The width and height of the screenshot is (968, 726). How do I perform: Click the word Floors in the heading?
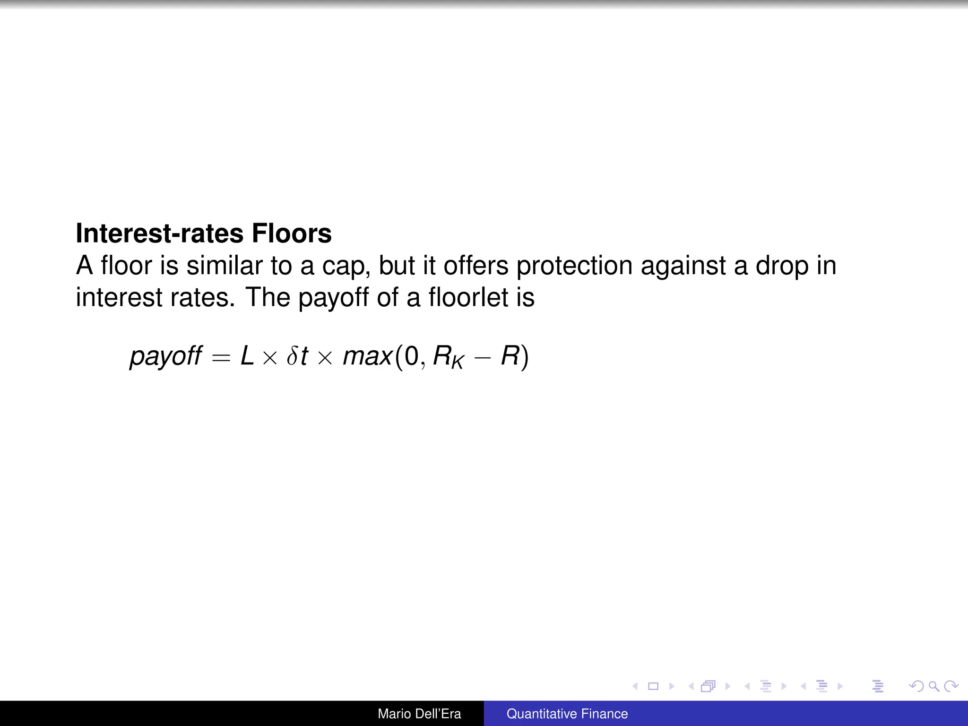coord(291,233)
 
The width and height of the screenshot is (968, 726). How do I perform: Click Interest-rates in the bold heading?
coord(159,233)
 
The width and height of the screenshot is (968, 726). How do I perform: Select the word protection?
coord(574,266)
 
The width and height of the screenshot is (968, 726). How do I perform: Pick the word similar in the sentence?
coord(225,265)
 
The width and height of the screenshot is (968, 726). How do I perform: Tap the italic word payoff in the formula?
coord(166,356)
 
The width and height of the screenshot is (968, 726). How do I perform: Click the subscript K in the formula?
coord(457,363)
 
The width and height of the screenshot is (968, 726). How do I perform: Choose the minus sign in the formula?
coord(483,357)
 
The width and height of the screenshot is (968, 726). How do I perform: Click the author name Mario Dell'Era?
coord(419,714)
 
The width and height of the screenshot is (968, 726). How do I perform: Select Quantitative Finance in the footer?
coord(567,714)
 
